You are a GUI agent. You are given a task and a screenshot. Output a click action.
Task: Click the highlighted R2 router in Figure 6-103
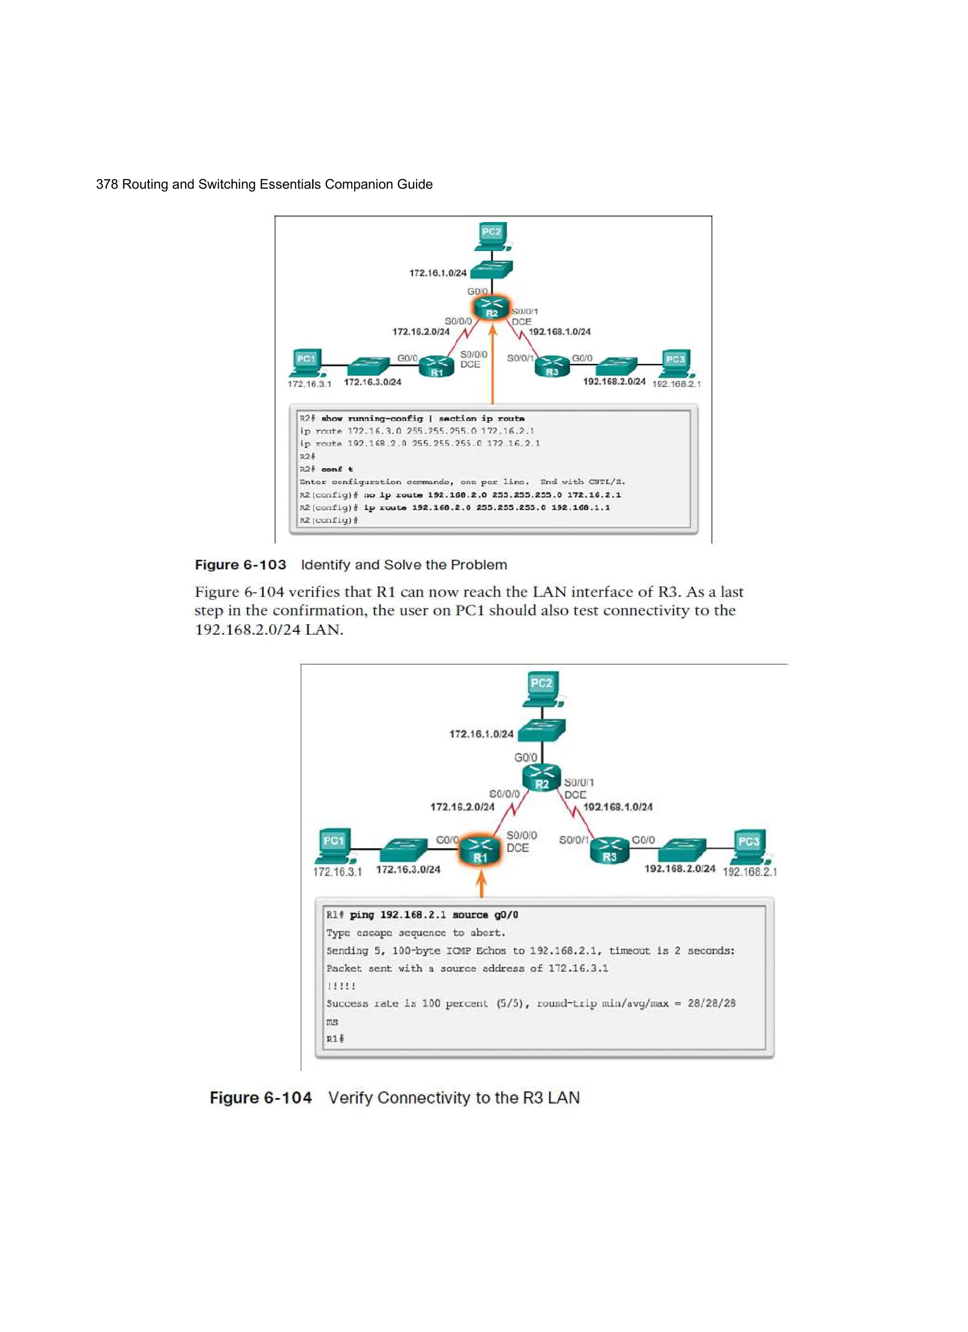click(x=492, y=307)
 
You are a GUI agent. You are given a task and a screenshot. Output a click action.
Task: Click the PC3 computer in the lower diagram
click(x=750, y=846)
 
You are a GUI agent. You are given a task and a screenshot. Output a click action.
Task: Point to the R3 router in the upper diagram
click(x=552, y=365)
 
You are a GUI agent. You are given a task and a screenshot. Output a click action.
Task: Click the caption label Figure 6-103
click(x=240, y=564)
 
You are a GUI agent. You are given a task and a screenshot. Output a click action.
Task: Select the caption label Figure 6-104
click(x=261, y=1098)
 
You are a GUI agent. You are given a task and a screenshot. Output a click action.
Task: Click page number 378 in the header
click(x=106, y=184)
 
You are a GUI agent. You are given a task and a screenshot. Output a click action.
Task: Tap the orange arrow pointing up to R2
click(x=492, y=364)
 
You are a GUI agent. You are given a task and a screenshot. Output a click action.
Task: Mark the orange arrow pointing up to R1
click(x=481, y=883)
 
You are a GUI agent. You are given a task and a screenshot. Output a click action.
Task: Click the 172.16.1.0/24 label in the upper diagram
click(x=438, y=273)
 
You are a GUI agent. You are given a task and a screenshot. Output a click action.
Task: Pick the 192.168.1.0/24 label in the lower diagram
click(x=617, y=807)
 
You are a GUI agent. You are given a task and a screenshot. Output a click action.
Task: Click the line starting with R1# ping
click(x=422, y=915)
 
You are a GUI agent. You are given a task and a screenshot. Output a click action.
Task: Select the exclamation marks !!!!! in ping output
click(x=341, y=986)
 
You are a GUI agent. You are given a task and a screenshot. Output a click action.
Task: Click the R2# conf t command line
click(x=327, y=469)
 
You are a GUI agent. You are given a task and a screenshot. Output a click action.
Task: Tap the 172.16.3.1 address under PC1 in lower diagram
click(x=337, y=872)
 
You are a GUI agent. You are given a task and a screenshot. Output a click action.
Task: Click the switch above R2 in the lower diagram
click(x=542, y=730)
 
